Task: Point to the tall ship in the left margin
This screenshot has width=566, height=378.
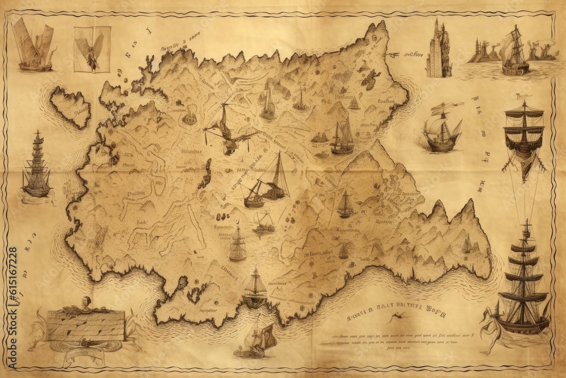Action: (37, 167)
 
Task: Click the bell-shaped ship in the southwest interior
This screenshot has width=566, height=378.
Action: (237, 244)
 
